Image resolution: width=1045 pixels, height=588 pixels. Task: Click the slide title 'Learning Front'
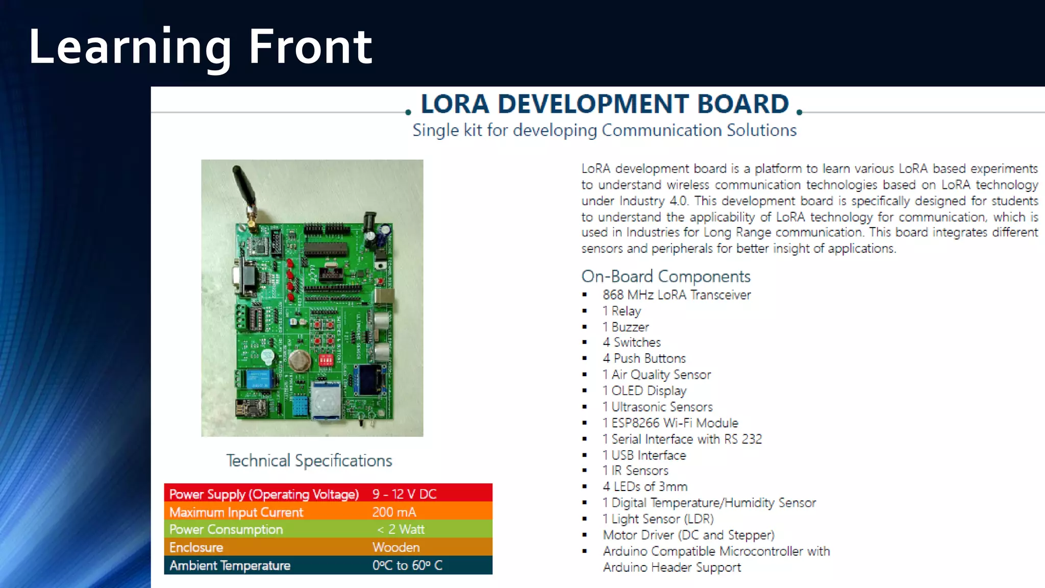200,47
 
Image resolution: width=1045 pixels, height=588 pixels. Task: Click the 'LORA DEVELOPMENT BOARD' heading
604,104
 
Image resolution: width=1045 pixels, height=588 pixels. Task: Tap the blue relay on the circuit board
259,379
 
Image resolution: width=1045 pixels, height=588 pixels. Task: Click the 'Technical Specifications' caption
309,461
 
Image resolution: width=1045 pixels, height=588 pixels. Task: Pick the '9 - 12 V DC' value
404,494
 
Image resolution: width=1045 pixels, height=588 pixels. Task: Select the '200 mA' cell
394,512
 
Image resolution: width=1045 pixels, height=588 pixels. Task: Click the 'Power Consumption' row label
226,529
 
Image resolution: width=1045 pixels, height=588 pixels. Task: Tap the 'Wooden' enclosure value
396,547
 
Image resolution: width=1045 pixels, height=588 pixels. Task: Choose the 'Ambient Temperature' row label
230,566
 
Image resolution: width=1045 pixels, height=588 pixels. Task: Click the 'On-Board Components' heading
665,277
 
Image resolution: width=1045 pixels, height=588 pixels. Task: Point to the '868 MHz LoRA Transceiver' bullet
677,295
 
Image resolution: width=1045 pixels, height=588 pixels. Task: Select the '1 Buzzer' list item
626,327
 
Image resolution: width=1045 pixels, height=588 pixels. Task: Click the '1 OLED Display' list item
644,391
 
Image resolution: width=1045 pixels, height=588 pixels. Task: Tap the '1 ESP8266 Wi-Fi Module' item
670,423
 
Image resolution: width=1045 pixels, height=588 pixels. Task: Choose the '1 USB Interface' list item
644,455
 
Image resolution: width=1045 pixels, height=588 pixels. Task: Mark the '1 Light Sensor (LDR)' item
658,519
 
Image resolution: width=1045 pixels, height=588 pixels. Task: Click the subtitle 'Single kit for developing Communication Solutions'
604,131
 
